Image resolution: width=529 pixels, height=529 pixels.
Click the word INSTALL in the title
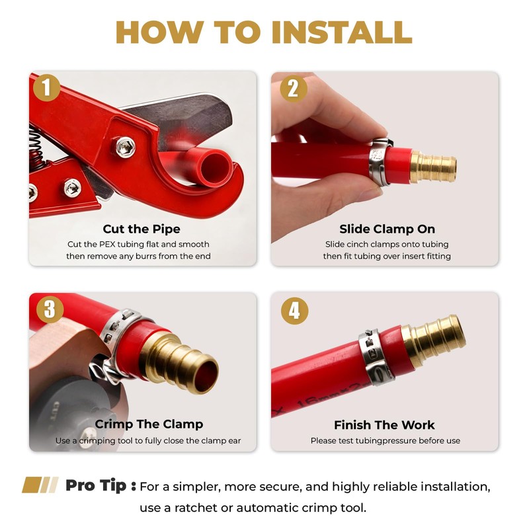342,32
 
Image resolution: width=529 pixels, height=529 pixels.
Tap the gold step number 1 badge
46,88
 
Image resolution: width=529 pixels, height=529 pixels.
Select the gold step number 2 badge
293,89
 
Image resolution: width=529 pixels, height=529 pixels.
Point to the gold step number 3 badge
50,309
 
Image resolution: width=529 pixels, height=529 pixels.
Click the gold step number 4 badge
294,311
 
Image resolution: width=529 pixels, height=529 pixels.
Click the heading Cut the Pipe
142,229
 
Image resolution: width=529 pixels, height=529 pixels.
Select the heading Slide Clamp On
387,229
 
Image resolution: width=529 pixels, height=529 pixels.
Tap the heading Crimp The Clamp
149,424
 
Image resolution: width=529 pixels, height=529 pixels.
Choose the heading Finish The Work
384,425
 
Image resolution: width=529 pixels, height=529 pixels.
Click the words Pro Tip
96,486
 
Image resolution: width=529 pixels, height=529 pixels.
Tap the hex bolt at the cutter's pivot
126,147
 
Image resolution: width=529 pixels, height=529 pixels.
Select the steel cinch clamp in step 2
380,161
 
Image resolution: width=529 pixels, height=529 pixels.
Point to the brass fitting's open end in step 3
206,376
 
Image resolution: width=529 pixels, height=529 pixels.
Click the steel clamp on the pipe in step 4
375,358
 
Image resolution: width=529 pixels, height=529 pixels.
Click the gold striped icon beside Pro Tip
40,485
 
